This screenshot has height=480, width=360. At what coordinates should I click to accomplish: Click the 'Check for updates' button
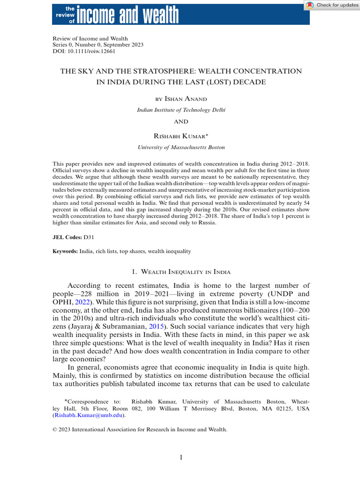332,5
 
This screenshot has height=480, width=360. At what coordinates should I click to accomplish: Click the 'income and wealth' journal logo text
127,14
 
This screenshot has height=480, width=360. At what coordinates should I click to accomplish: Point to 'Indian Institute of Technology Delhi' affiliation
181,110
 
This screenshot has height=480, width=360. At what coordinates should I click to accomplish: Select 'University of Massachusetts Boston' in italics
181,147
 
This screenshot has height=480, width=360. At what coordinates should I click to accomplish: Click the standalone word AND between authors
181,122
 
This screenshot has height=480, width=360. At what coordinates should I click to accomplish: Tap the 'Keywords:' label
65,252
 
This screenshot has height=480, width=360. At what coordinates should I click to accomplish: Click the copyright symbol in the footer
55,429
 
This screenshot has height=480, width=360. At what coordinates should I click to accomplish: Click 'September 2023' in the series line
122,45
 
